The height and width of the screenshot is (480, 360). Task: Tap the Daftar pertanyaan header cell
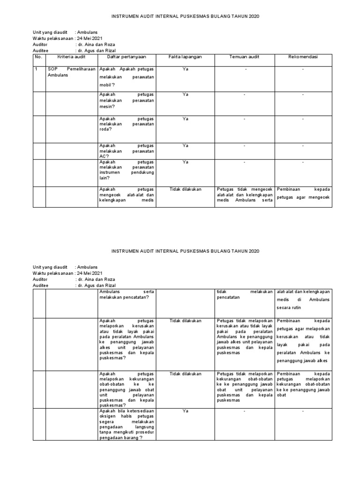pos(127,57)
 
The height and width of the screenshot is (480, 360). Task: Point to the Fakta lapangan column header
pos(185,57)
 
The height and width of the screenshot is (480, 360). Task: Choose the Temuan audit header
pos(244,57)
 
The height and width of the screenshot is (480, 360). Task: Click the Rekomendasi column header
pos(303,57)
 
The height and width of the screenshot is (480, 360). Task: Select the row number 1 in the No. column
pos(36,69)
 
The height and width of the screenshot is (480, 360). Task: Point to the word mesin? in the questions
pos(107,106)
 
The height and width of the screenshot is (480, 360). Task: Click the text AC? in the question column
pos(104,157)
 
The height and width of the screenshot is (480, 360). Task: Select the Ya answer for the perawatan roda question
pos(185,119)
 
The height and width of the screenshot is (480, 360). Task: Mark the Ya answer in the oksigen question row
pos(185,411)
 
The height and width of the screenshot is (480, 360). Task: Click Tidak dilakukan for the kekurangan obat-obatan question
pos(185,374)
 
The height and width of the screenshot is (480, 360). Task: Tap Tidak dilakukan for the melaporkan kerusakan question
pos(185,321)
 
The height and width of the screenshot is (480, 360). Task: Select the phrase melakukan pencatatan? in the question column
pos(124,297)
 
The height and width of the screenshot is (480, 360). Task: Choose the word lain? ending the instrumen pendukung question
pos(105,178)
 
